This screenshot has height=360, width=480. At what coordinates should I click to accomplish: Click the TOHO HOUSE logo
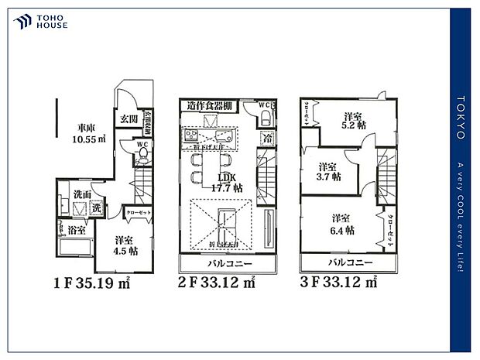coord(40,21)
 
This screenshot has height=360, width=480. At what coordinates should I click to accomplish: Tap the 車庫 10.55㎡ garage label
coord(85,135)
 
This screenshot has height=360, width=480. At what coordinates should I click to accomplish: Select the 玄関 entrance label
coord(129,118)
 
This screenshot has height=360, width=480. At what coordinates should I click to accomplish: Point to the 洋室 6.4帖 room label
coord(344,223)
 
